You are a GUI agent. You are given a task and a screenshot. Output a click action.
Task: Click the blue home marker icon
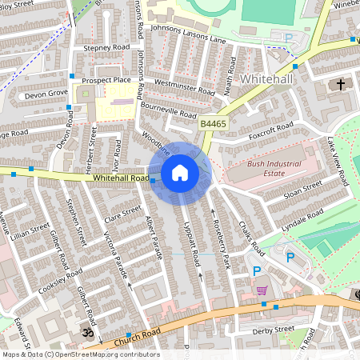[180, 172]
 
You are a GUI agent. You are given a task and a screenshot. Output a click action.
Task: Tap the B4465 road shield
[212, 124]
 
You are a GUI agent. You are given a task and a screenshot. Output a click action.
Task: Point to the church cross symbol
[340, 84]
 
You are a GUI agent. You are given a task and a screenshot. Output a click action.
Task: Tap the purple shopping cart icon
[262, 290]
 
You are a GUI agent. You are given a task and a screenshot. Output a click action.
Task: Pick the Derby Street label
[273, 329]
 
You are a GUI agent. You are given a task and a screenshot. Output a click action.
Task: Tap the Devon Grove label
[46, 94]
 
